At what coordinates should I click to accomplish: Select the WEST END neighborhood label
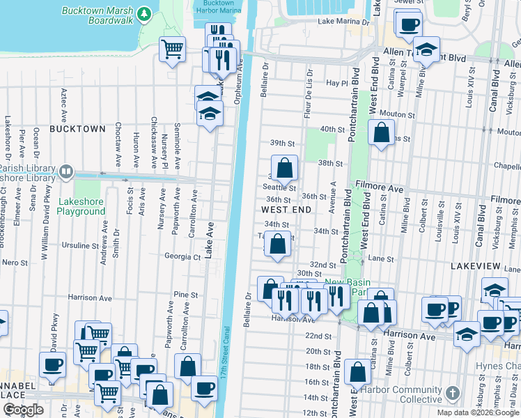tap(285, 209)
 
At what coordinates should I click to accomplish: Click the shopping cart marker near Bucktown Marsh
tap(172, 49)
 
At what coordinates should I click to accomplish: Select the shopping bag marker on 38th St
tap(284, 168)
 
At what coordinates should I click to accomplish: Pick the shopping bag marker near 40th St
tap(381, 132)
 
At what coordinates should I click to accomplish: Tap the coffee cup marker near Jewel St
tap(408, 24)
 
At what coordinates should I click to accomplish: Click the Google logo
tap(23, 410)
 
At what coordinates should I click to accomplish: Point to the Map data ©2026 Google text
tap(478, 412)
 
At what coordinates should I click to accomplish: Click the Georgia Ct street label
tap(182, 256)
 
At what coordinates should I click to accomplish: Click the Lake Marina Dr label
tap(341, 22)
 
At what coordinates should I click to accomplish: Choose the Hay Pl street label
tap(336, 83)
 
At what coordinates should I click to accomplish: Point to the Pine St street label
tap(187, 295)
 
